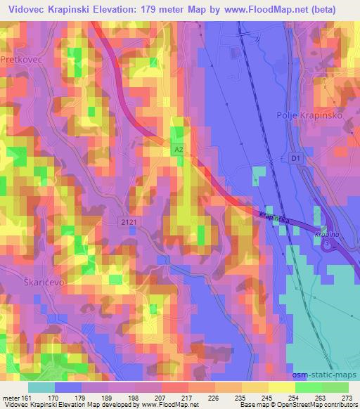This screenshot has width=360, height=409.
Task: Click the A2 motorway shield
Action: click(179, 150)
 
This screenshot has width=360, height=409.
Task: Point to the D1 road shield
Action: click(295, 160)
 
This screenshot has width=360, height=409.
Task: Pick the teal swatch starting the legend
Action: click(42, 386)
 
